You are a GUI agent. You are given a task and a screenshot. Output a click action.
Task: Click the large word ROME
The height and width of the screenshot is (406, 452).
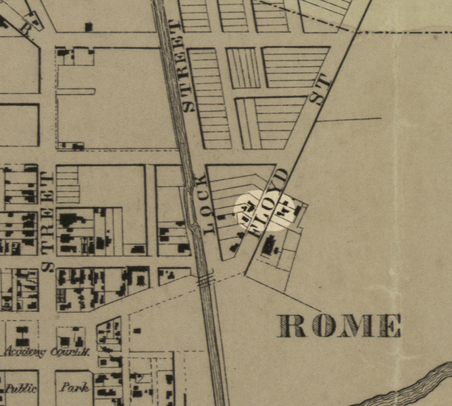click(340, 326)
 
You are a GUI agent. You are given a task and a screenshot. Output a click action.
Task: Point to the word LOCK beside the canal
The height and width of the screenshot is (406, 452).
click(203, 204)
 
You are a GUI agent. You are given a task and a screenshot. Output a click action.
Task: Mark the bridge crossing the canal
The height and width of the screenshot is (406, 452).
click(207, 280)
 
